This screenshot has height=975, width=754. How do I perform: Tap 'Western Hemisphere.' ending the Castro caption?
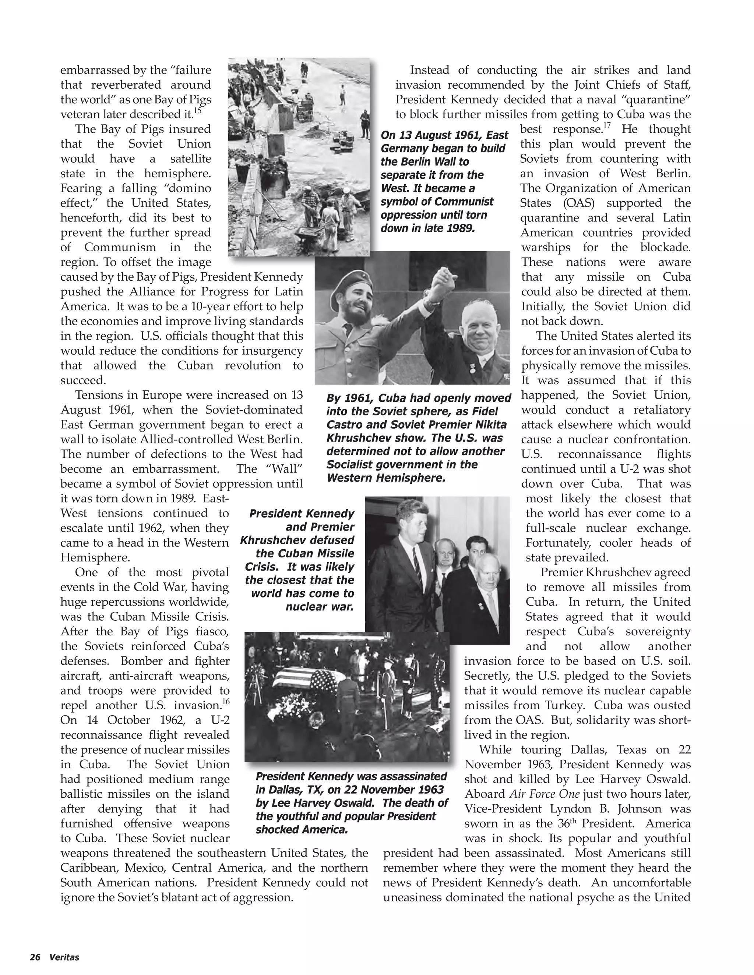pos(386,478)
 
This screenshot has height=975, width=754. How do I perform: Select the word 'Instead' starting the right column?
pos(431,70)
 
